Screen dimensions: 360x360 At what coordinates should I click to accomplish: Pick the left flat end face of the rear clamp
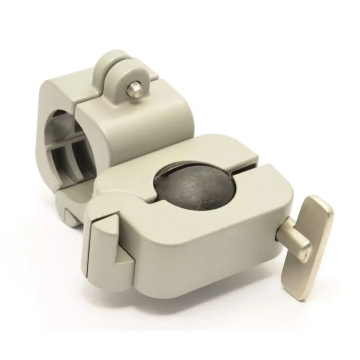point(48,100)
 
